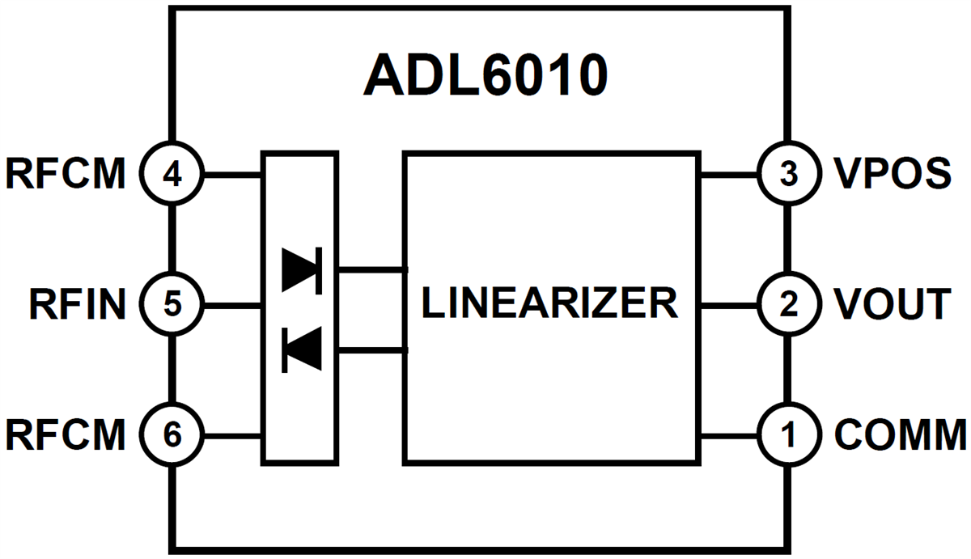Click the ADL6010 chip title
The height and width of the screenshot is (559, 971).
click(x=485, y=75)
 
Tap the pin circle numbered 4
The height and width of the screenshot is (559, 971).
click(x=172, y=173)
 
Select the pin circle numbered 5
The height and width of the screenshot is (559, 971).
click(x=172, y=305)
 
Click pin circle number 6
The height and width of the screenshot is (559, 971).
click(x=172, y=436)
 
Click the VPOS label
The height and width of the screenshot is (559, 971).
click(x=892, y=173)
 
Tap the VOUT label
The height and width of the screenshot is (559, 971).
click(x=892, y=305)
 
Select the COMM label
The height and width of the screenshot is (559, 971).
click(x=900, y=436)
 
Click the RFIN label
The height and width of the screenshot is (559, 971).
click(x=78, y=305)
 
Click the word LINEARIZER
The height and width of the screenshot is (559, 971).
click(x=549, y=303)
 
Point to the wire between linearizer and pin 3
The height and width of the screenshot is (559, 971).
click(x=728, y=173)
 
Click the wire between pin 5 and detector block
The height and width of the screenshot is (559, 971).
click(x=231, y=305)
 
